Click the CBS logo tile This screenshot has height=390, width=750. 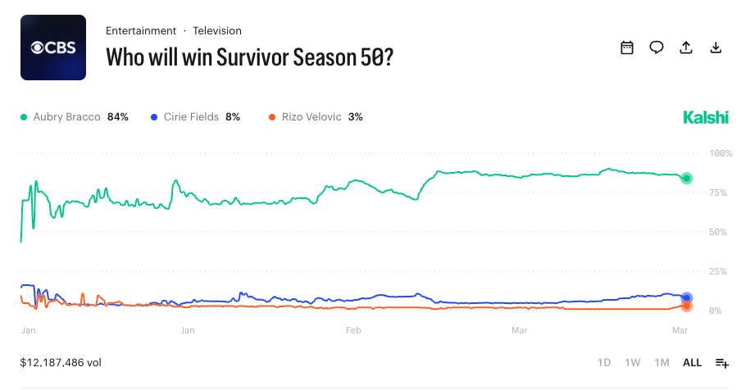point(53,48)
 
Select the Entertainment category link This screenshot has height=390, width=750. point(141,31)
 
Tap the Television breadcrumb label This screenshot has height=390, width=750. point(217,31)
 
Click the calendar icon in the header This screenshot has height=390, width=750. point(627,48)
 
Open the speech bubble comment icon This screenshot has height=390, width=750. point(657,48)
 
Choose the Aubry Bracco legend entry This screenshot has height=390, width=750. point(66,117)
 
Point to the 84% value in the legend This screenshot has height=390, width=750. point(118,117)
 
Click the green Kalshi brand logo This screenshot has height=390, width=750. point(705,118)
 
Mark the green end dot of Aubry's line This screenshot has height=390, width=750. point(687,178)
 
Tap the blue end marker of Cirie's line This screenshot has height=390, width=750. point(687,298)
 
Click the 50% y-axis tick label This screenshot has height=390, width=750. point(719,232)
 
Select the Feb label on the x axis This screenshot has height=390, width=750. point(353,331)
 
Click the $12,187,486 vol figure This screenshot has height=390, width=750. point(61,362)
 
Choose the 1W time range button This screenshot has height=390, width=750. point(632,362)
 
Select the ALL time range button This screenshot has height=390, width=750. point(692,362)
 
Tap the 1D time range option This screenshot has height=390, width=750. point(604,362)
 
